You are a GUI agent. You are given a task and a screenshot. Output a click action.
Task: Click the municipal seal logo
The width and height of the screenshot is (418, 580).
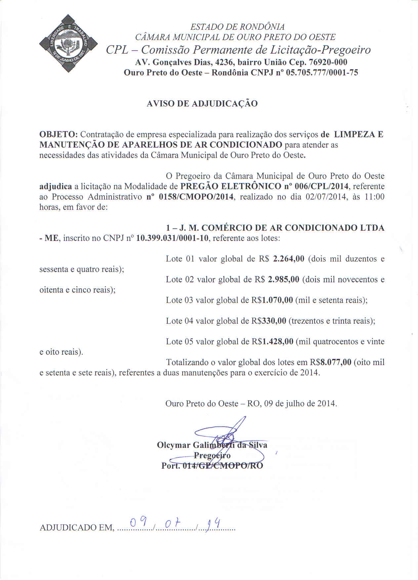coord(68,43)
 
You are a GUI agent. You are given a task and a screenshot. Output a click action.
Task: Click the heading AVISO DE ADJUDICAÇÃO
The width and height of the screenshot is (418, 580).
coord(202,104)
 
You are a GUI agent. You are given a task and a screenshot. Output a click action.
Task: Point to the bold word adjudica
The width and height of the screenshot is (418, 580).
coord(55,186)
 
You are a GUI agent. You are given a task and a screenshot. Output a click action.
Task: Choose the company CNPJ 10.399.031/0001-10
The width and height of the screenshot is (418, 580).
coord(173,238)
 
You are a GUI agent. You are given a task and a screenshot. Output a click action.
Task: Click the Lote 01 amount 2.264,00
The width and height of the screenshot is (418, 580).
coord(288,259)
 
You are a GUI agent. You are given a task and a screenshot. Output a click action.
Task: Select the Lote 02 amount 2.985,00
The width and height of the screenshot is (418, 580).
coord(284,279)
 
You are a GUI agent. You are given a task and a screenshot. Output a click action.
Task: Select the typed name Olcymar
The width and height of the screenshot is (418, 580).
coord(174,445)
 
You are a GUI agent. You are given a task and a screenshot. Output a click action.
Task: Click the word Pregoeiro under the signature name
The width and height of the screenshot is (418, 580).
coord(212,456)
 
